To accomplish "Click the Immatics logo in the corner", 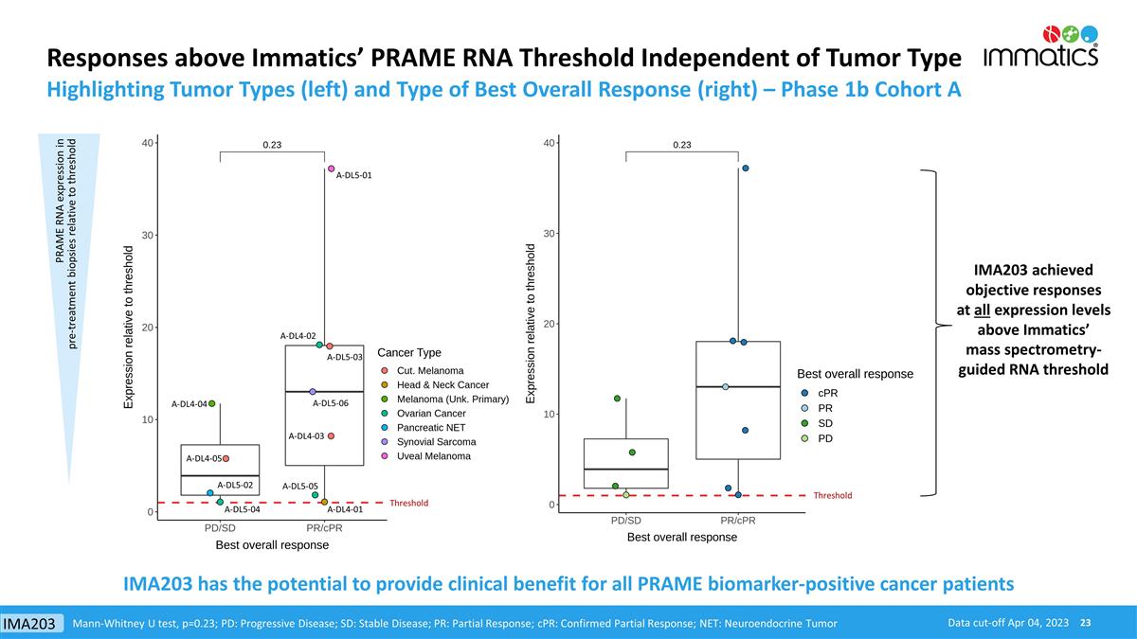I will point(1041,46).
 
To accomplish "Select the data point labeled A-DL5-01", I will point(332,169).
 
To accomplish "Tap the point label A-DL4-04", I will point(189,404).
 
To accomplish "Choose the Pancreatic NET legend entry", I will point(430,428).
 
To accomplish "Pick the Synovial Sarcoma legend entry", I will point(436,442).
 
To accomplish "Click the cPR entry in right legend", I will point(827,393).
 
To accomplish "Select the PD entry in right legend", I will point(825,438).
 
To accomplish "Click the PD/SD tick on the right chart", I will point(625,521).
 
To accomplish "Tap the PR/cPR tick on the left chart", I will point(324,528).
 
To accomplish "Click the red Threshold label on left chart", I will point(409,504).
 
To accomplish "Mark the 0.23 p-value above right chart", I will point(682,145).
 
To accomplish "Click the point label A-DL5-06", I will point(331,404).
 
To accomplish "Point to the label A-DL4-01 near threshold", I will point(344,509).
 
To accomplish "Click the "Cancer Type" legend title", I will point(409,353).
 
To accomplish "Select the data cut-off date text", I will point(1008,622).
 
